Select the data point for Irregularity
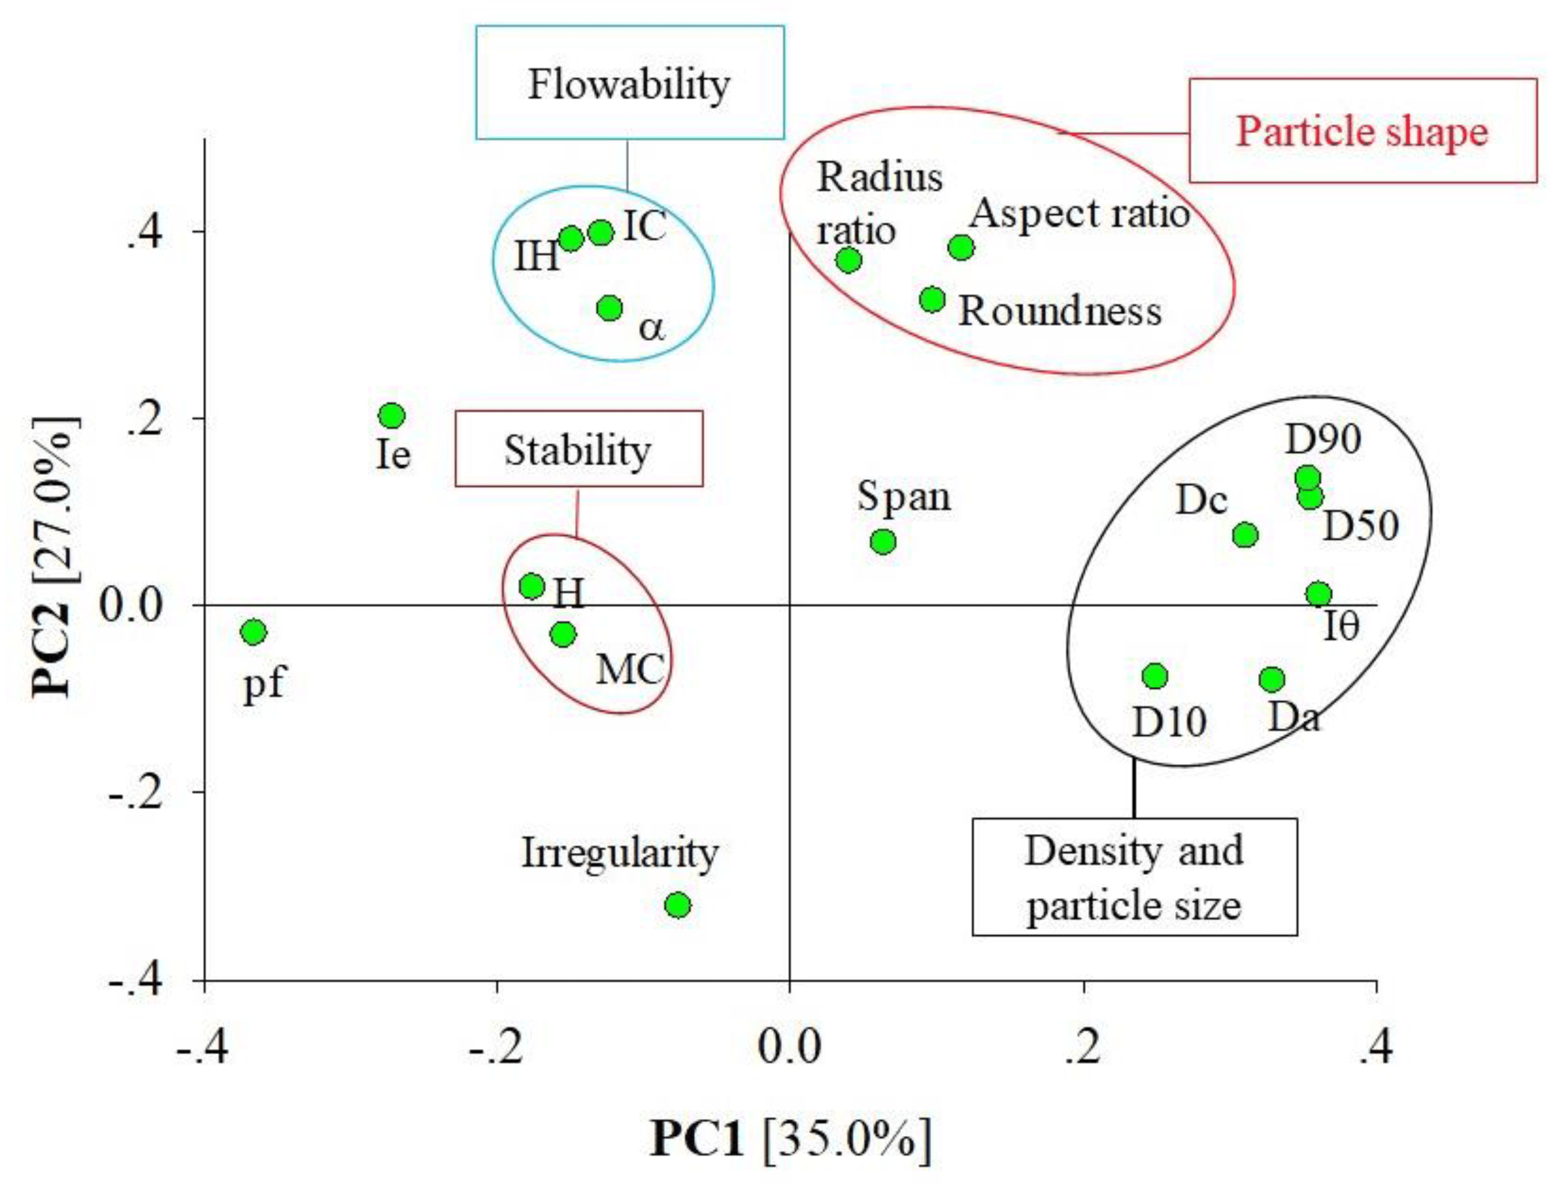pos(678,905)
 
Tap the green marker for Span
pos(883,542)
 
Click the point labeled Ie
pos(392,415)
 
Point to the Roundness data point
pos(932,300)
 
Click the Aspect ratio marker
pos(961,247)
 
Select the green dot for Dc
pos(1245,535)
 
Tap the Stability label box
pos(578,449)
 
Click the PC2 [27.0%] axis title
pos(53,558)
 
